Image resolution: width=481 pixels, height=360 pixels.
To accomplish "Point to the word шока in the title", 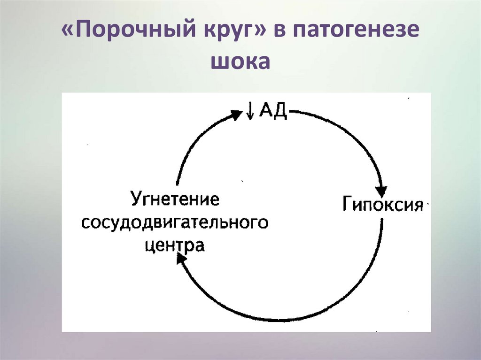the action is (240, 62).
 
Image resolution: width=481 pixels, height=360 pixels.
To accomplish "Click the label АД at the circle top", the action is (273, 113).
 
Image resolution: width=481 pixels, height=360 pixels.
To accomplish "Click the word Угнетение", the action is (175, 199).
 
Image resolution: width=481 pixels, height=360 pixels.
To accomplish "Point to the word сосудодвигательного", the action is (175, 222).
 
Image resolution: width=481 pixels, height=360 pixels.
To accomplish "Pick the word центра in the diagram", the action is (175, 245).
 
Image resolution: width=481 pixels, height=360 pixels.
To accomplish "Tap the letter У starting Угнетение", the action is (136, 199).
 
